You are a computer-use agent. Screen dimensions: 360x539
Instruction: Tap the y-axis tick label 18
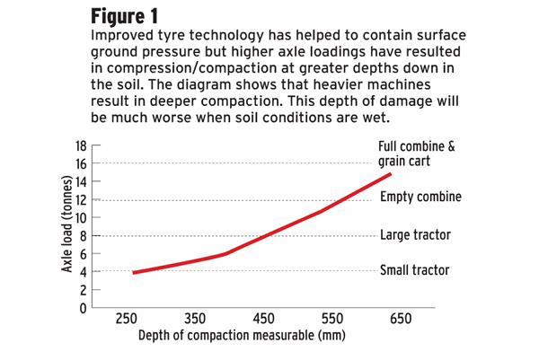coord(81,145)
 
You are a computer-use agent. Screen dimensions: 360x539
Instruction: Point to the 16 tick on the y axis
coord(81,162)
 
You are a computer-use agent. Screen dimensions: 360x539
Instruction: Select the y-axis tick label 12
coord(81,199)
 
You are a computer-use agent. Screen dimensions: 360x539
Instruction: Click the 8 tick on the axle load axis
coord(84,235)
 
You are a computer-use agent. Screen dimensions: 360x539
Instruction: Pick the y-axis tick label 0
coord(84,308)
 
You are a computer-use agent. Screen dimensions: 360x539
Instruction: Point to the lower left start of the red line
coord(134,272)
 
